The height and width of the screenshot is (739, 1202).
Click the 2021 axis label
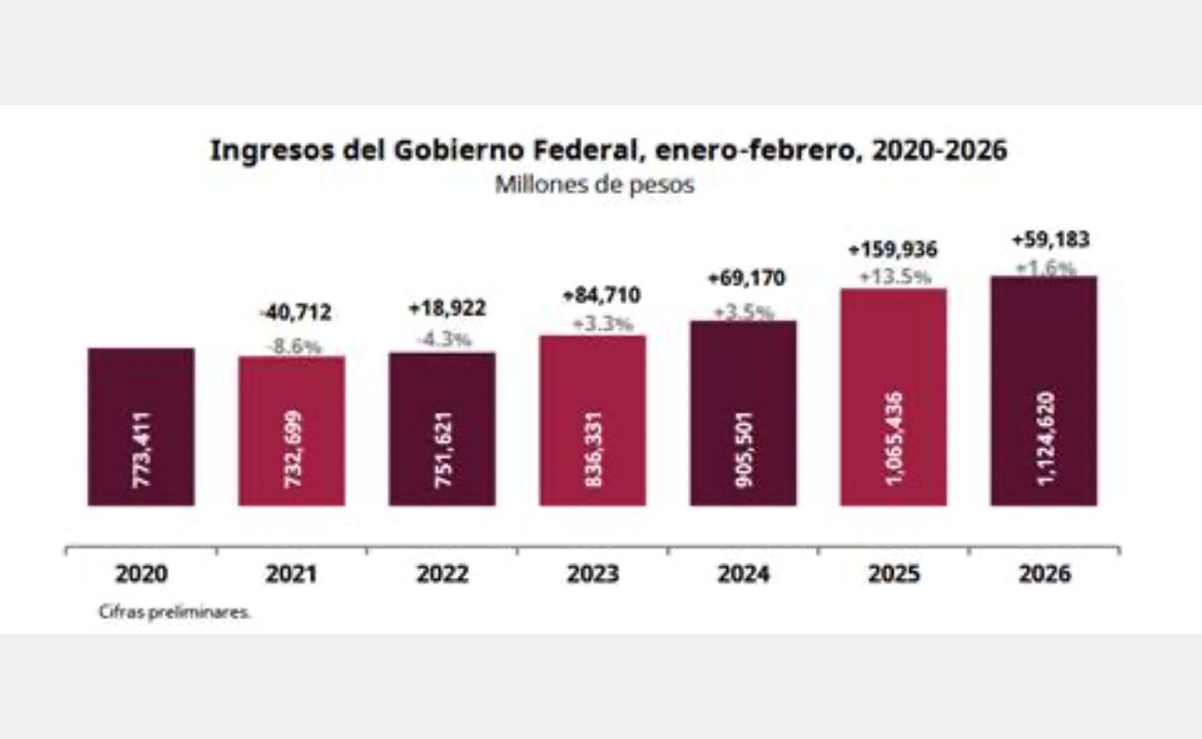tap(290, 574)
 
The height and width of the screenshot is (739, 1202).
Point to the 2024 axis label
tap(742, 574)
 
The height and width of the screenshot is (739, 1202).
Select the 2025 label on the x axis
tap(893, 574)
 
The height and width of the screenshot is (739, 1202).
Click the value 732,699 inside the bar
tap(292, 450)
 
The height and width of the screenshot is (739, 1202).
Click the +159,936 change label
tap(892, 249)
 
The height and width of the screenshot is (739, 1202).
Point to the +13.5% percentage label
tap(892, 276)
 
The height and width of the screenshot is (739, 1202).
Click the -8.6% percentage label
tap(292, 347)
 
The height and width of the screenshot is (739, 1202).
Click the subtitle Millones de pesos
tap(595, 184)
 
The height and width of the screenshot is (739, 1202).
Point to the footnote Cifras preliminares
tap(174, 612)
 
